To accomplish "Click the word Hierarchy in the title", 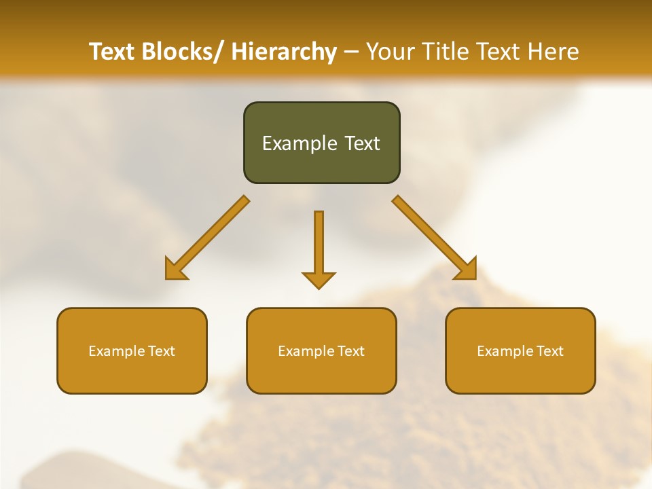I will (283, 52).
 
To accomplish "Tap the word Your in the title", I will (391, 52).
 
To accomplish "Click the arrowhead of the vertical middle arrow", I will (319, 279).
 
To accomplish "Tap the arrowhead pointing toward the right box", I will (467, 270).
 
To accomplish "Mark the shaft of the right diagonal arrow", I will (424, 228).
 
